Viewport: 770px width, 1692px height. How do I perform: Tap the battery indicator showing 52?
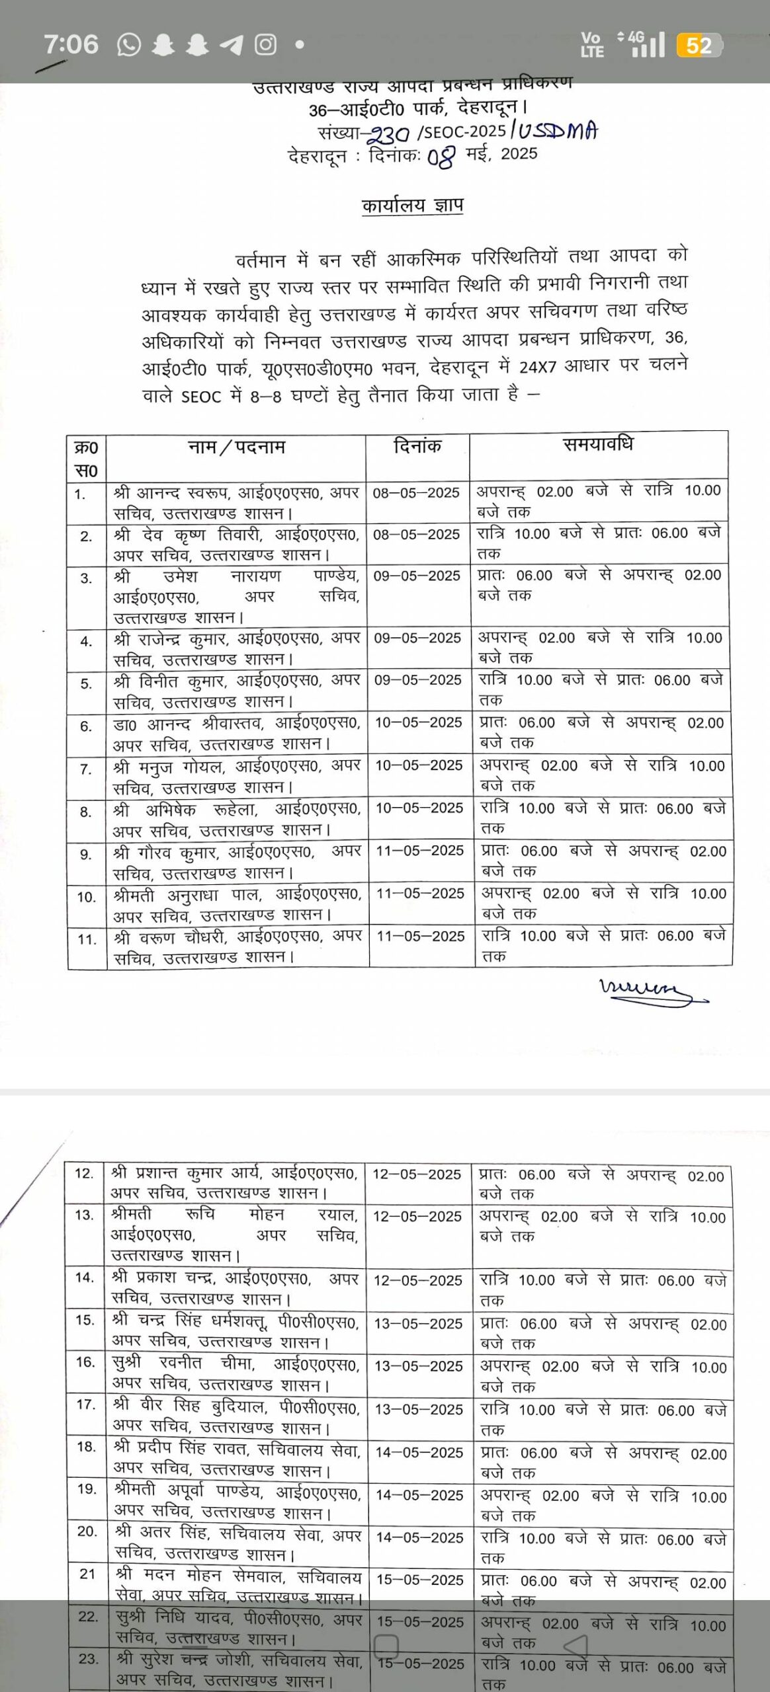699,46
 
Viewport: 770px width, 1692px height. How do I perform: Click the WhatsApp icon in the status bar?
129,45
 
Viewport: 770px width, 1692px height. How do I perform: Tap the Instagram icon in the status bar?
266,45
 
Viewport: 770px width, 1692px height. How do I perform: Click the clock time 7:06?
71,45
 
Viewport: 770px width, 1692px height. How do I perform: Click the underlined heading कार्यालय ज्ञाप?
412,206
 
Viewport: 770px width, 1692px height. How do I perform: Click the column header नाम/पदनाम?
236,447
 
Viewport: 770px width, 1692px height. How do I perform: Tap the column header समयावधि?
598,444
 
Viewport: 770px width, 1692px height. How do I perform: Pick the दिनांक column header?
417,446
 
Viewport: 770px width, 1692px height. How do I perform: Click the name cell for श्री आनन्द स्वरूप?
236,503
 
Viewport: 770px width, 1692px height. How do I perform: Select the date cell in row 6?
419,722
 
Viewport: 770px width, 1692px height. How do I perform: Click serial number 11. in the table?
87,939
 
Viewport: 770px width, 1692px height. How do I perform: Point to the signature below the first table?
651,991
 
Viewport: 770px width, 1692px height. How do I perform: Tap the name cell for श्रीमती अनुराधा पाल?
237,905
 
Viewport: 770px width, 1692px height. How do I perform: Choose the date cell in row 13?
417,1217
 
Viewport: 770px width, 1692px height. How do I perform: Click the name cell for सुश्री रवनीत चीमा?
235,1374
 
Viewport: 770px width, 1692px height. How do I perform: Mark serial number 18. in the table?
87,1447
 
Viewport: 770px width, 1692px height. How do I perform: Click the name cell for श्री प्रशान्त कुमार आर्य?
234,1183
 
